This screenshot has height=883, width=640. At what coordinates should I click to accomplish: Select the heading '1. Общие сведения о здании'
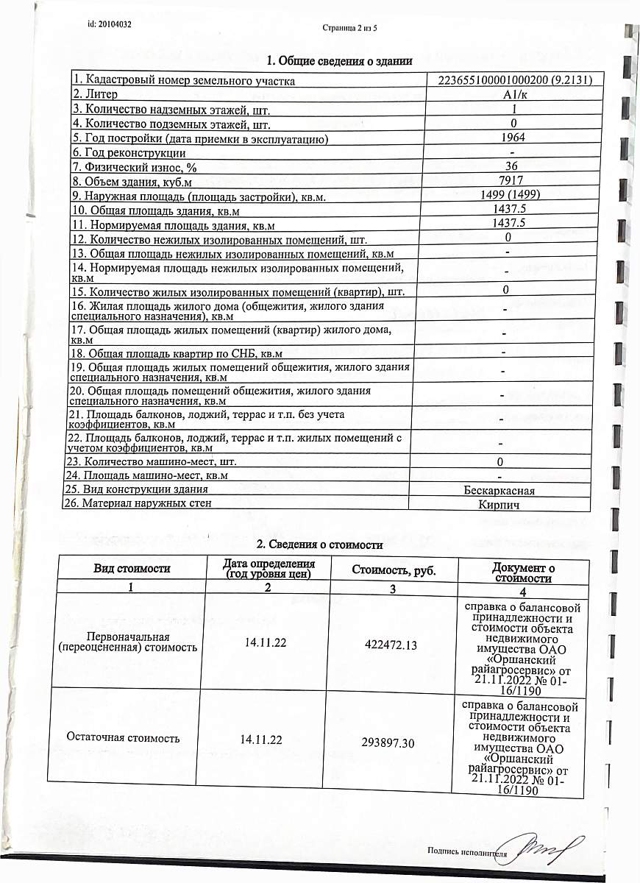pyautogui.click(x=339, y=61)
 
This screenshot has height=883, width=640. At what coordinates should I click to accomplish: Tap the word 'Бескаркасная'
pyautogui.click(x=499, y=490)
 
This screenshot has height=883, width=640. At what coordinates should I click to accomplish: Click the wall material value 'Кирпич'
pyautogui.click(x=499, y=505)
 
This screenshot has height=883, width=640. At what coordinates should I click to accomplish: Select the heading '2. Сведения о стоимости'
pyautogui.click(x=319, y=545)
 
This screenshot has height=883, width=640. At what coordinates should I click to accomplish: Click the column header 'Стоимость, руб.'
pyautogui.click(x=393, y=570)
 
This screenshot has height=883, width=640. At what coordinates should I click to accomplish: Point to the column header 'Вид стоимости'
pyautogui.click(x=132, y=568)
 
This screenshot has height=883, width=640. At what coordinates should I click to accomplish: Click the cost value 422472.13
pyautogui.click(x=391, y=645)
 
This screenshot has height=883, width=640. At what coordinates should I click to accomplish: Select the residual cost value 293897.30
pyautogui.click(x=388, y=743)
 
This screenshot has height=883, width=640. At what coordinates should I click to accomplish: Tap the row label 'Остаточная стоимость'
pyautogui.click(x=123, y=737)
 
